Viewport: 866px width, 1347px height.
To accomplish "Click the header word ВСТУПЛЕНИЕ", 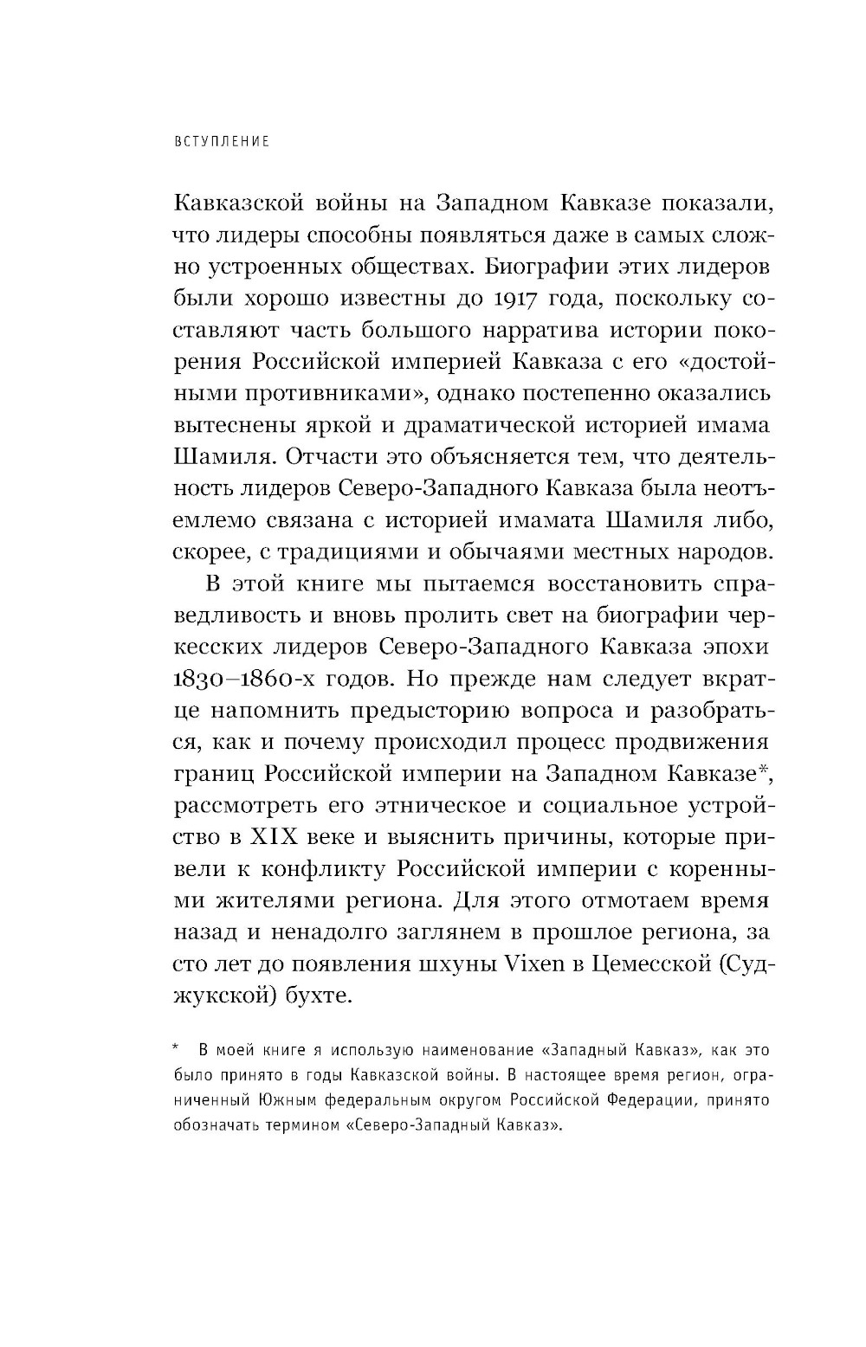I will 221,141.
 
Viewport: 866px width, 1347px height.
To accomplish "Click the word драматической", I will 487,426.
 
